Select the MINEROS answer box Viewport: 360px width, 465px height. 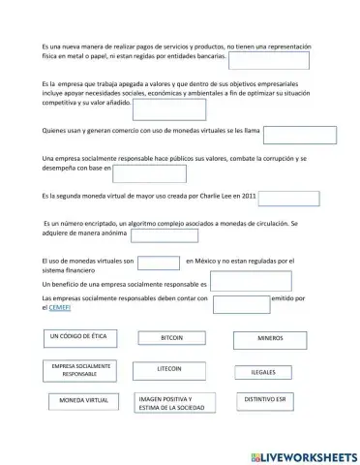click(x=270, y=339)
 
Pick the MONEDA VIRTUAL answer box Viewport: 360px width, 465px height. click(x=84, y=401)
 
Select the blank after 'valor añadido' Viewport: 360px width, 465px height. click(x=169, y=108)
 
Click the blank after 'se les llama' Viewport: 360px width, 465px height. click(x=299, y=134)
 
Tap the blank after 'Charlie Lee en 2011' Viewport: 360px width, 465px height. click(x=288, y=199)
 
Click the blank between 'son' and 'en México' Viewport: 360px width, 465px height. click(x=159, y=262)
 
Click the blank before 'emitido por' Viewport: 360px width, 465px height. click(x=241, y=304)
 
